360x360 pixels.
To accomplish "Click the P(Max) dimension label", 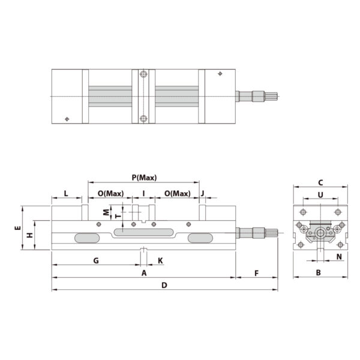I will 144,178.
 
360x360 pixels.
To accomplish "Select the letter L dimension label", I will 66,194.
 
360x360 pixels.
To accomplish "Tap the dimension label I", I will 143,194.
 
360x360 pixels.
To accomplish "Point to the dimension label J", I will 203,194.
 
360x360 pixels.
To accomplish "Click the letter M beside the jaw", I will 106,212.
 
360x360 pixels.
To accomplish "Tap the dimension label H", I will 29,235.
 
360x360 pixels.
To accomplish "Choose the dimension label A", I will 144,273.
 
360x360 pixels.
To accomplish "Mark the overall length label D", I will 164,285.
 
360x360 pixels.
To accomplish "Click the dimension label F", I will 256,273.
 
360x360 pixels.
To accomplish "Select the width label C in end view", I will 320,182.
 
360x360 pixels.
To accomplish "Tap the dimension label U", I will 320,194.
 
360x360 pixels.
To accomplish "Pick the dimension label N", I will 339,257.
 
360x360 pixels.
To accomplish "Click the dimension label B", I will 319,273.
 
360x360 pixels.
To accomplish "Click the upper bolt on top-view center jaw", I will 143,75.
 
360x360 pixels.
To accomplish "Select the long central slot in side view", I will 143,232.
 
